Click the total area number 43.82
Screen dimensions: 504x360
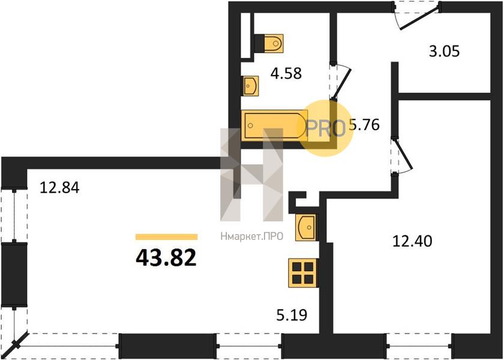click(166, 258)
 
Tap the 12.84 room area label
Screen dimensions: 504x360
click(59, 188)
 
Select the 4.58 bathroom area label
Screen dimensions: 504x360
click(286, 73)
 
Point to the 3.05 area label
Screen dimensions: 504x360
click(444, 51)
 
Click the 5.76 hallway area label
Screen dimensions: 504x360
click(364, 125)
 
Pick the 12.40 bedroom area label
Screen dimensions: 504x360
click(412, 241)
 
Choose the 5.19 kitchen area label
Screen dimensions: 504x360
click(292, 315)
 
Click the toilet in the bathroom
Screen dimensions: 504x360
click(269, 43)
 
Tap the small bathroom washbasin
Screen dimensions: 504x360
click(250, 86)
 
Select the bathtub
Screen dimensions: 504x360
click(274, 125)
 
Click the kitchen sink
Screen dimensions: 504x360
click(305, 227)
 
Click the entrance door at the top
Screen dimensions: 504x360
click(418, 15)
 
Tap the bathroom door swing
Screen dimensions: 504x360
click(341, 82)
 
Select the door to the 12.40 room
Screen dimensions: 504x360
click(401, 156)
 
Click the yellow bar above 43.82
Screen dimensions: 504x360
click(167, 237)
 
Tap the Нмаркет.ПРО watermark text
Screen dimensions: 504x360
click(251, 237)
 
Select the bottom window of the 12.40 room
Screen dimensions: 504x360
click(419, 346)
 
